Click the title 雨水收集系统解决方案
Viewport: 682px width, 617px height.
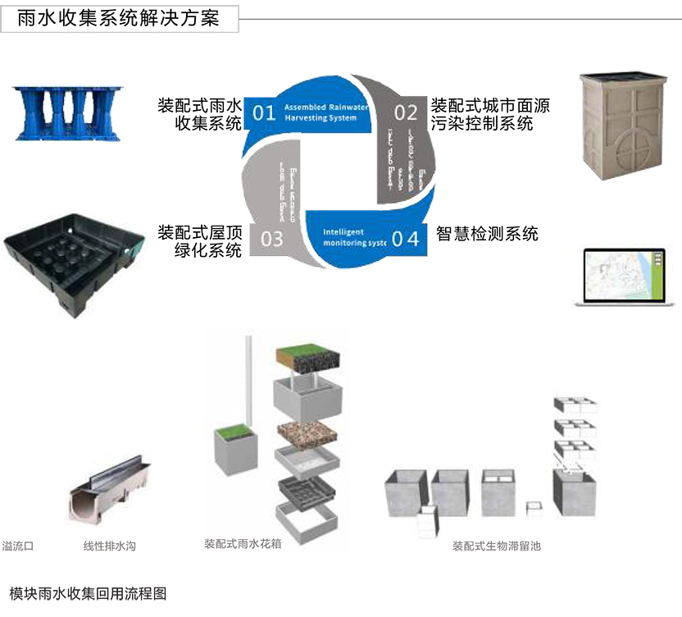[119, 19]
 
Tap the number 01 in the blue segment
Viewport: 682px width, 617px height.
[263, 112]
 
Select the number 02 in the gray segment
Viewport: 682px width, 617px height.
[406, 112]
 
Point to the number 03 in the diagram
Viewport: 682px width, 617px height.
[271, 239]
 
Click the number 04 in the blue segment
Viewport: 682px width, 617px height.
[405, 239]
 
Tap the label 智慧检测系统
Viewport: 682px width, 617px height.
[487, 234]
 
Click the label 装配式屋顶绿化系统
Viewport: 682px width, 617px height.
[200, 241]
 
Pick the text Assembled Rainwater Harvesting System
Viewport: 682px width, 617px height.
[321, 112]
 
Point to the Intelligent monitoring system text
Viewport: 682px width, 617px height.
[353, 238]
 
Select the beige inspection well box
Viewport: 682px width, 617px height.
[623, 123]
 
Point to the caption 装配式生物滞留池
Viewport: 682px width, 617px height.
[497, 546]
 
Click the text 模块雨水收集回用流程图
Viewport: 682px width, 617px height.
[88, 593]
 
